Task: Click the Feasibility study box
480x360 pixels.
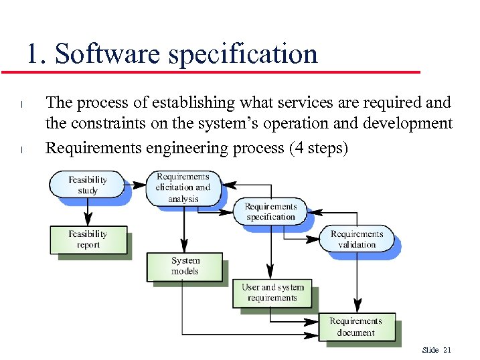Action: click(x=88, y=185)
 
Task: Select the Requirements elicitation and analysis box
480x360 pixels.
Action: click(x=183, y=188)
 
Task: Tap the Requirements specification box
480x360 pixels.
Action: click(x=270, y=211)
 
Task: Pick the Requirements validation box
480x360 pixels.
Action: click(x=357, y=239)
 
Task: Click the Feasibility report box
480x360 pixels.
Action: click(x=88, y=239)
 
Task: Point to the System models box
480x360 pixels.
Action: click(x=185, y=266)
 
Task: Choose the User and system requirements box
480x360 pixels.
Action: click(x=272, y=292)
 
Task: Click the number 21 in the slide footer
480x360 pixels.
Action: click(x=448, y=350)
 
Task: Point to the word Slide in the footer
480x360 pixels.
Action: click(x=430, y=350)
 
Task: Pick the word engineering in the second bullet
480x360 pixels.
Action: click(x=187, y=147)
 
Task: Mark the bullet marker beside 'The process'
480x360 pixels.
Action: click(x=22, y=104)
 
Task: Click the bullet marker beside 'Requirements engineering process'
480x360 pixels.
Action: click(x=22, y=149)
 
